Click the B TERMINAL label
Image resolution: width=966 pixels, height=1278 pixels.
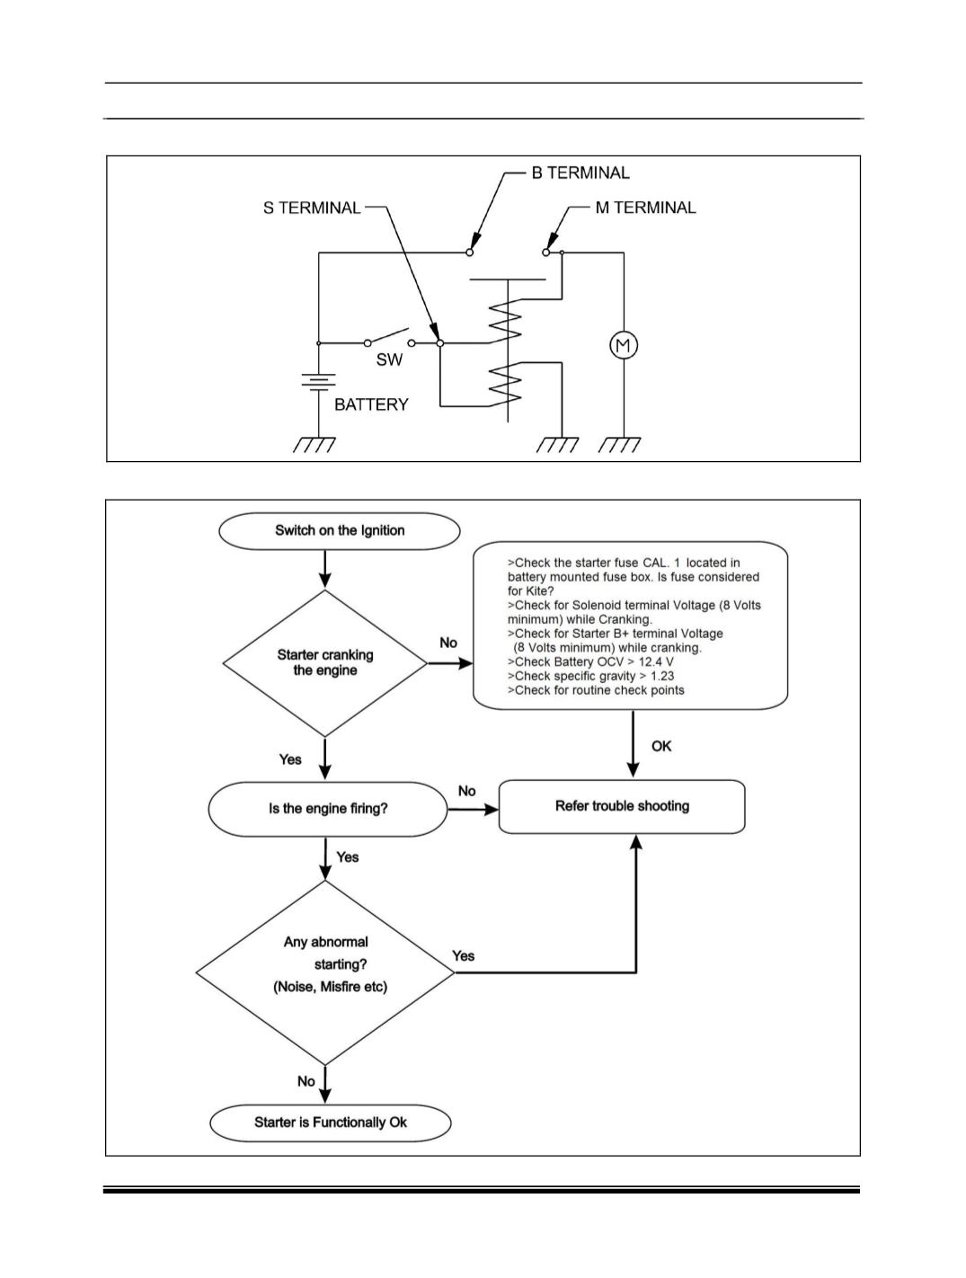tap(580, 173)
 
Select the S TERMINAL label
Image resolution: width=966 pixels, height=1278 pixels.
tap(312, 208)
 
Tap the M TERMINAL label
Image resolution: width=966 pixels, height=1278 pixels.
tap(645, 208)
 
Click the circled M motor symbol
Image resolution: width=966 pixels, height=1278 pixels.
tap(624, 346)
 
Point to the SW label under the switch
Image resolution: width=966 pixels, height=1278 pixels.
tap(389, 359)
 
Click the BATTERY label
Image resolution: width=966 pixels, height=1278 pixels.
tap(371, 404)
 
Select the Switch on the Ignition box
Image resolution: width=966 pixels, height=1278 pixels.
tap(340, 531)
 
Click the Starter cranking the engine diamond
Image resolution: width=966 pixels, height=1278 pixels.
tap(325, 663)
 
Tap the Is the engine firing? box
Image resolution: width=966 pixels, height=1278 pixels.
tap(328, 809)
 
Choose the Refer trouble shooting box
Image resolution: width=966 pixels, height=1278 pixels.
tap(622, 806)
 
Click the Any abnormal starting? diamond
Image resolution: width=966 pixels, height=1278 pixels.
tap(325, 972)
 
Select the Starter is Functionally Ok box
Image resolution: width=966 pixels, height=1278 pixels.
tap(331, 1123)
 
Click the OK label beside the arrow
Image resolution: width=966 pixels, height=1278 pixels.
tap(661, 747)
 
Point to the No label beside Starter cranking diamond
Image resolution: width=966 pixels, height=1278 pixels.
tap(448, 643)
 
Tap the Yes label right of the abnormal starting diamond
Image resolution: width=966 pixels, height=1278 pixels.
tap(463, 956)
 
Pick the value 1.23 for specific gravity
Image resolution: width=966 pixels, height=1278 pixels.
tap(662, 676)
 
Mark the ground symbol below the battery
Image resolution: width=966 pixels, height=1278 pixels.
tap(315, 444)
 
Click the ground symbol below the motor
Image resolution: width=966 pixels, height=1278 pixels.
tap(619, 445)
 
